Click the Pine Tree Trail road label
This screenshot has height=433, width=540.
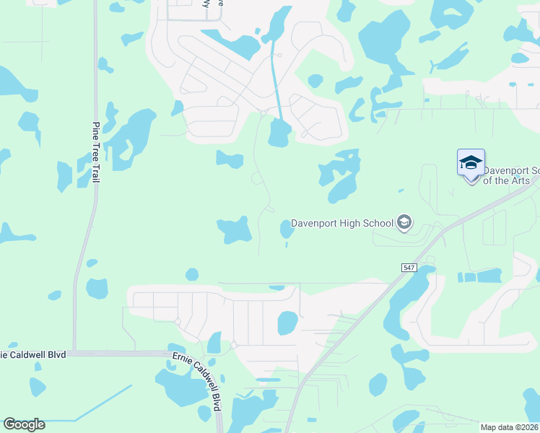tap(96, 152)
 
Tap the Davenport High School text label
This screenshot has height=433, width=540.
tap(342, 223)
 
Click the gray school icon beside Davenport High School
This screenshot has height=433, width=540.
tap(404, 223)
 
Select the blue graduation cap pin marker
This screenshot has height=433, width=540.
tap(471, 164)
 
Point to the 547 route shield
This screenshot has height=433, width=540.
tap(408, 268)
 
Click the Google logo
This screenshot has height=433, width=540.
tap(24, 424)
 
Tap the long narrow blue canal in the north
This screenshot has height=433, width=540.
tap(275, 79)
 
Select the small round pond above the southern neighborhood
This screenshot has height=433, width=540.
tap(191, 274)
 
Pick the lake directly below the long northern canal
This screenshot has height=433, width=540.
tap(279, 134)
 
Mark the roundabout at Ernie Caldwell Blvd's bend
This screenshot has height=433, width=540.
tap(233, 345)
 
